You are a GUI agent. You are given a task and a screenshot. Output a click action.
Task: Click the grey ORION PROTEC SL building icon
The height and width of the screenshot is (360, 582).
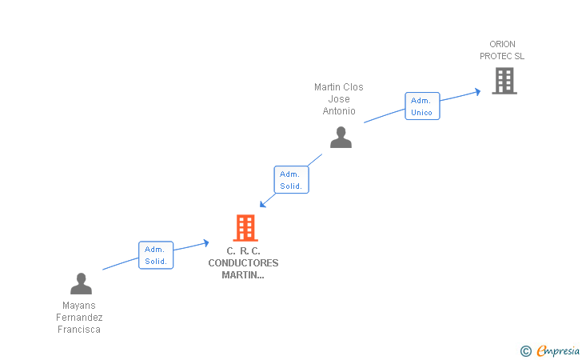[x=504, y=81]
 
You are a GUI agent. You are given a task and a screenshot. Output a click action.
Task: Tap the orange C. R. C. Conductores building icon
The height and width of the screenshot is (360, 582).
[x=245, y=228]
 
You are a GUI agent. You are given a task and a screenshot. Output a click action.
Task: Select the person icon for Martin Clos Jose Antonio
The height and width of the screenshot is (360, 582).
[x=341, y=138]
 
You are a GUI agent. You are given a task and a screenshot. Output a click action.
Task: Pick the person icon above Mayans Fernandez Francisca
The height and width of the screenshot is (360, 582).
[x=81, y=284]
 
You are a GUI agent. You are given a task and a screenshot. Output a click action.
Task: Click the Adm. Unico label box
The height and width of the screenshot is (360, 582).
[x=421, y=106]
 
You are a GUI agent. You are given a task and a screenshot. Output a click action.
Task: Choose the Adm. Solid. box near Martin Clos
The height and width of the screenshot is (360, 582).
[x=291, y=180]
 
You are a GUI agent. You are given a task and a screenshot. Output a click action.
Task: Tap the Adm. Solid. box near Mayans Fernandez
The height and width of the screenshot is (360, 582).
[x=155, y=255]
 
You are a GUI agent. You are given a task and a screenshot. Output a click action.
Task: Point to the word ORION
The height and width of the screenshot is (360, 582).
[x=503, y=44]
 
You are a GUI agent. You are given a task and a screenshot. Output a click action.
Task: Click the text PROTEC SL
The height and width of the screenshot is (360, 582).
[x=502, y=56]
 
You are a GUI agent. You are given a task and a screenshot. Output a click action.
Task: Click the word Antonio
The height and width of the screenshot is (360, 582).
[x=339, y=111]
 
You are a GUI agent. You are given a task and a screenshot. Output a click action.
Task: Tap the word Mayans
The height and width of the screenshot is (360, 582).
[x=78, y=306]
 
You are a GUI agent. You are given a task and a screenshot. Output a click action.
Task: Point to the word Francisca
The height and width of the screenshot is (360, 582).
[x=78, y=330]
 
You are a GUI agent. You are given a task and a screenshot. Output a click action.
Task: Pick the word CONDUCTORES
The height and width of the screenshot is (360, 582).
[x=243, y=262]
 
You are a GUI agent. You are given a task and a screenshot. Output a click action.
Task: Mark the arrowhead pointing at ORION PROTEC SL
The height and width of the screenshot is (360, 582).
[x=477, y=91]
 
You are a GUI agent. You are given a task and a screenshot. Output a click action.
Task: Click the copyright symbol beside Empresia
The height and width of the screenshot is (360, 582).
[x=525, y=350]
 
